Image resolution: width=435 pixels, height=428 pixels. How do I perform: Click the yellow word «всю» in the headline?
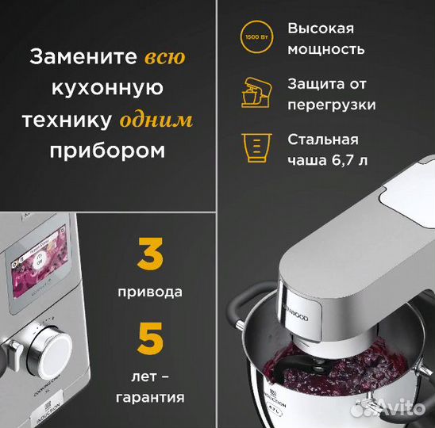pos(165,58)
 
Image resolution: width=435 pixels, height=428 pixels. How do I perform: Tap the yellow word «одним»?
pos(156,121)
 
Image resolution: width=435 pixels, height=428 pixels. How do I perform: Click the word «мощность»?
pos(326,49)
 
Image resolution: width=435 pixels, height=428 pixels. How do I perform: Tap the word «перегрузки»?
pos(332,104)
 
